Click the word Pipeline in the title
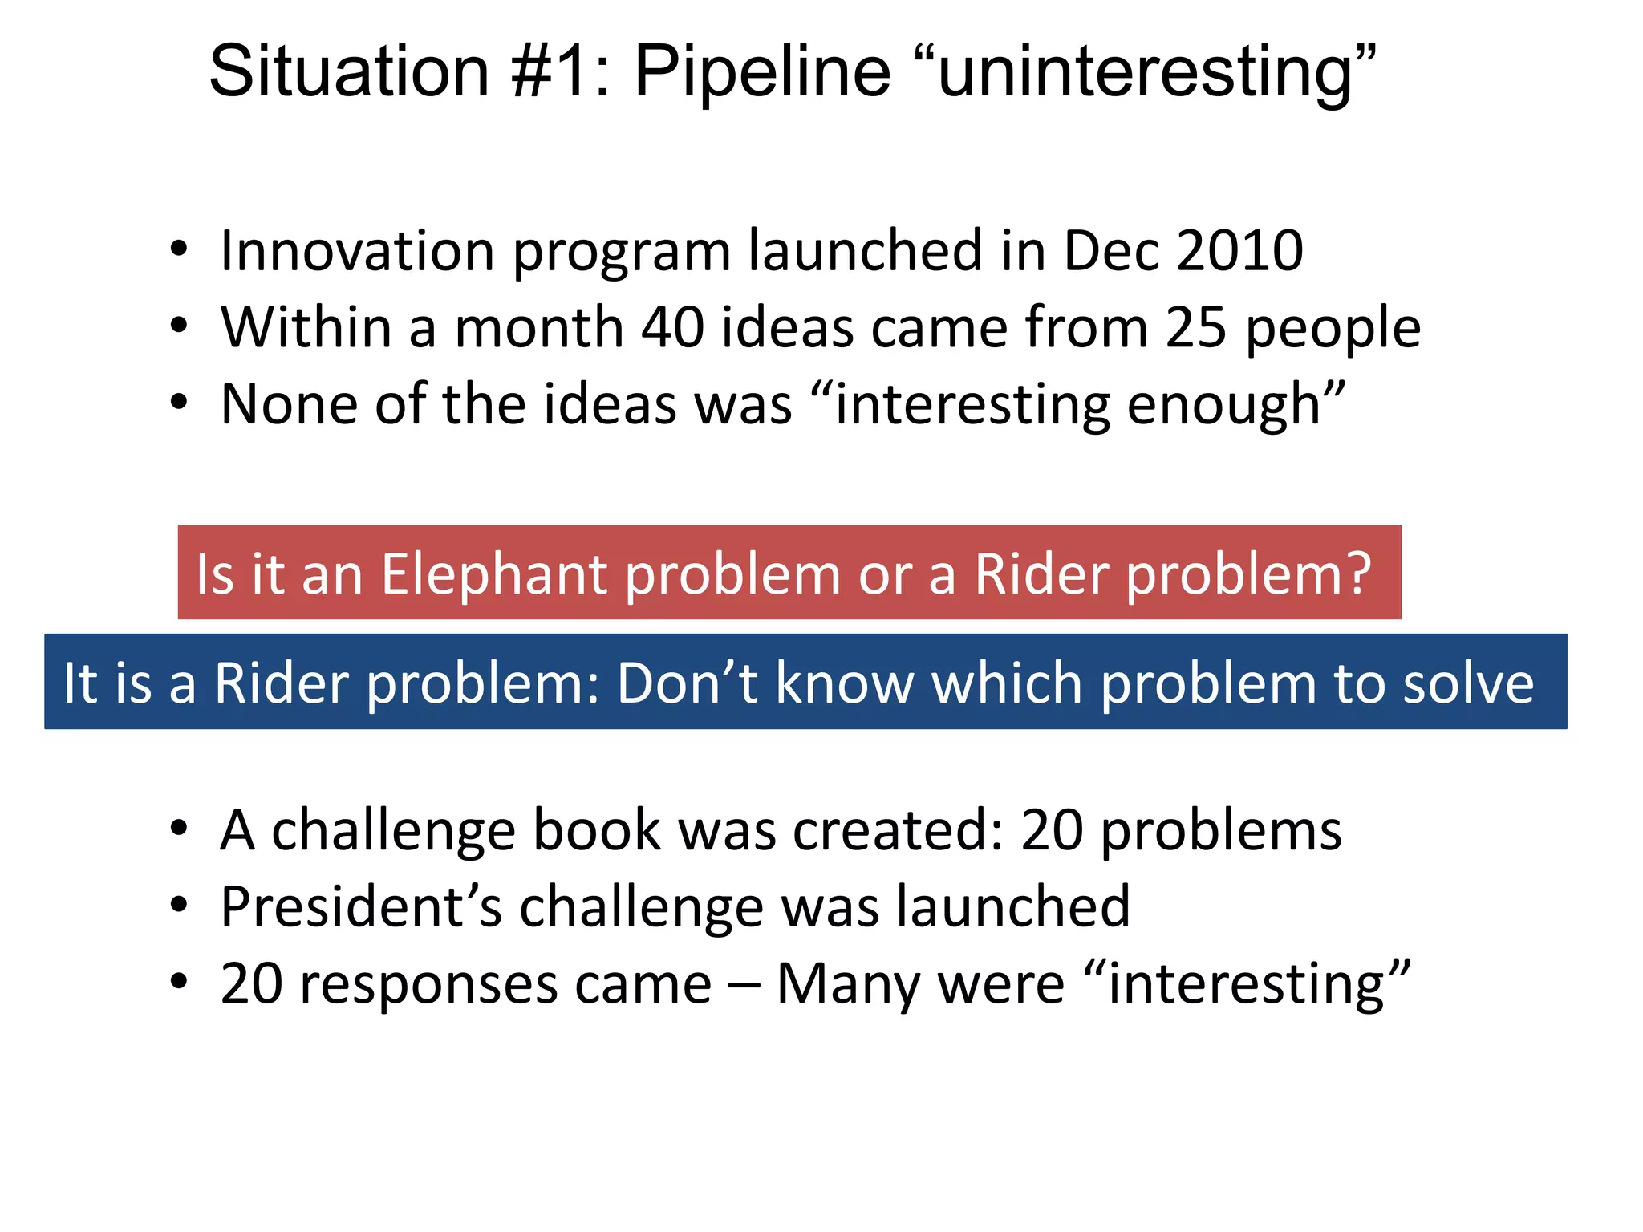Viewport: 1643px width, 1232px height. click(762, 72)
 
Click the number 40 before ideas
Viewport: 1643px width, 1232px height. click(672, 328)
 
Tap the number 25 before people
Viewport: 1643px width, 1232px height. click(1195, 328)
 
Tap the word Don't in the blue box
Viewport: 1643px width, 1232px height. click(687, 683)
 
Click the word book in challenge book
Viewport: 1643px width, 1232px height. click(597, 830)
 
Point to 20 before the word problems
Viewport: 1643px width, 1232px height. click(1052, 830)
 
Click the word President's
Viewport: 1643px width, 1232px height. click(361, 907)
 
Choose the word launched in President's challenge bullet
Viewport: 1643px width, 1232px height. click(1012, 907)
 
